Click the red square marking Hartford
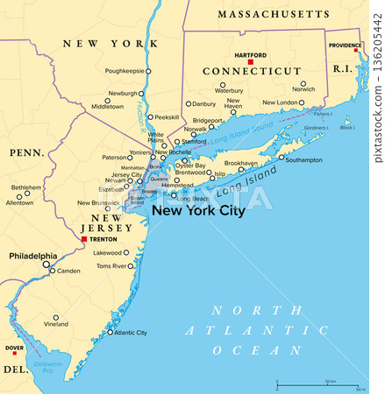tap(250, 62)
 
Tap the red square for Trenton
tap(83, 238)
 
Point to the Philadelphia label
tap(32, 256)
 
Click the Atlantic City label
tap(130, 333)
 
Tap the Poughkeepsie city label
tap(123, 70)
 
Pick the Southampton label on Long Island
tap(304, 160)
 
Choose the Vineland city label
tap(56, 324)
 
